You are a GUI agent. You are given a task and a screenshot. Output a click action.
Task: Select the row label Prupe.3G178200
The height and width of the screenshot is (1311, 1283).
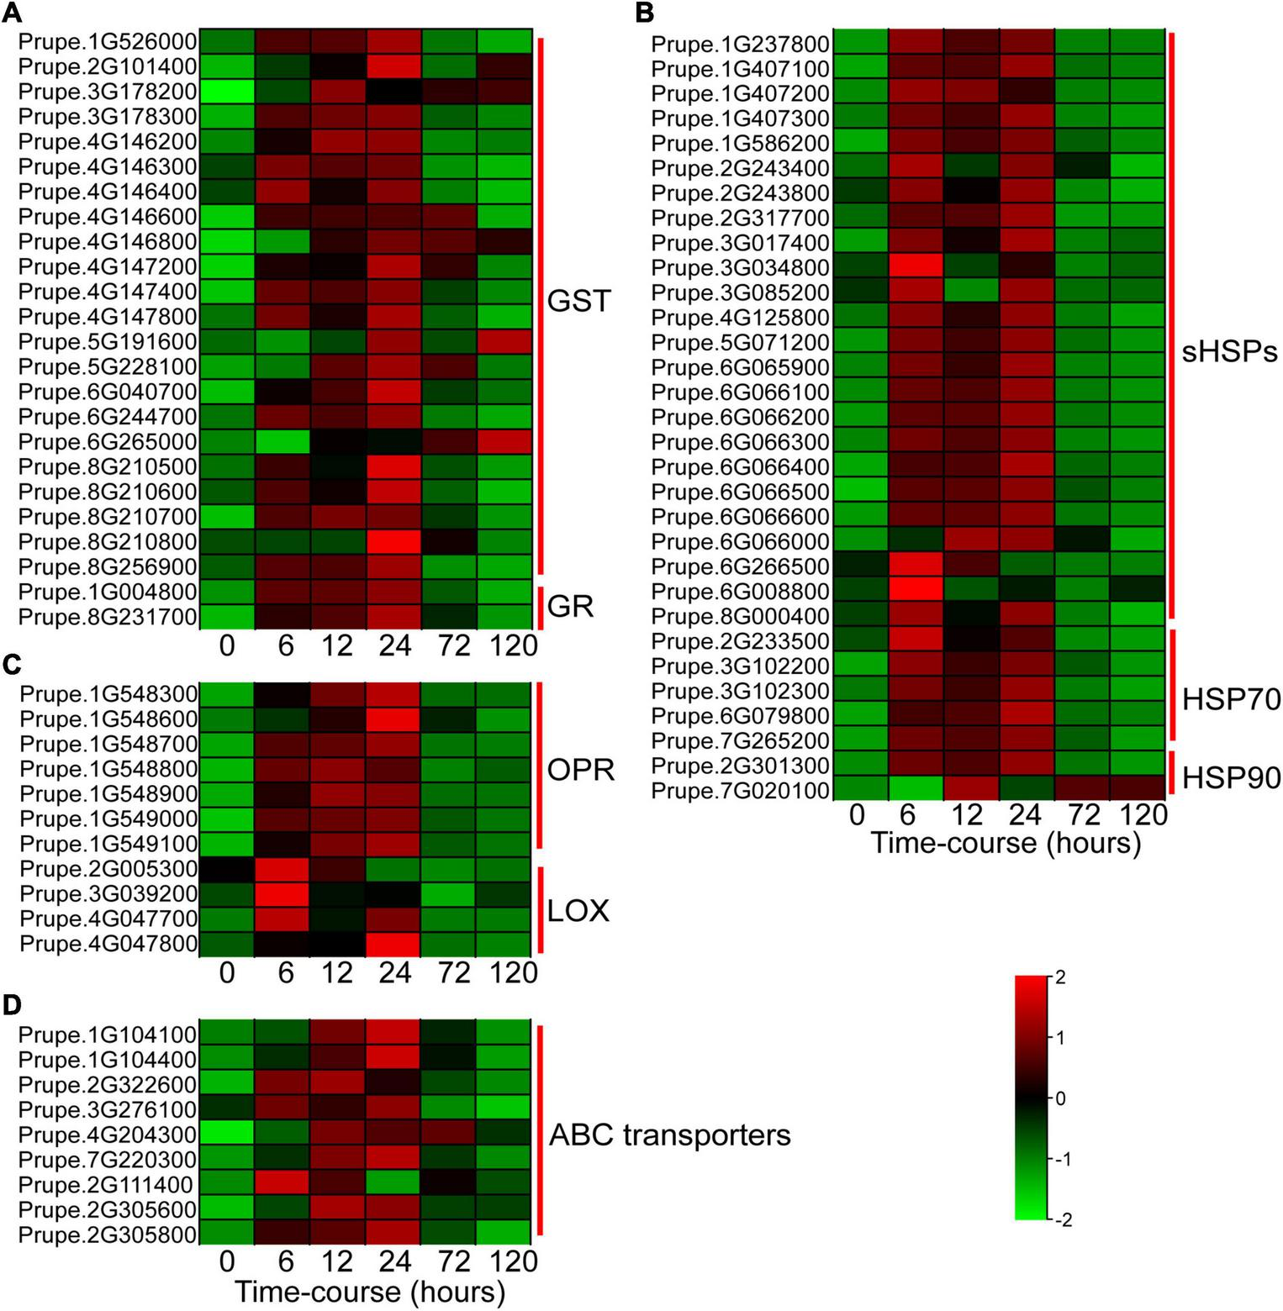108,92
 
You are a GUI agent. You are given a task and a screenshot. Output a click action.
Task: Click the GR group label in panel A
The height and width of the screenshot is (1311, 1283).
570,605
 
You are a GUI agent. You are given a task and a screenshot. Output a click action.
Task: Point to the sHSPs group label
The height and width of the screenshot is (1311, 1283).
1229,351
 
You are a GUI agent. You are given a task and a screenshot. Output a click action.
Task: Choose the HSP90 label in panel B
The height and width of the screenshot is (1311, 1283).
1231,778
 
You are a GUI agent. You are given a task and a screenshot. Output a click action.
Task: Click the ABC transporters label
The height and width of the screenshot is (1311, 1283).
669,1135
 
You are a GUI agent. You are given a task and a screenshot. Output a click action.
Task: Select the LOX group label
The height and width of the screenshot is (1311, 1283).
578,911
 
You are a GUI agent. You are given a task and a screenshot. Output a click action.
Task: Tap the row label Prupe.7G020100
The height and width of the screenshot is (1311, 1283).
741,791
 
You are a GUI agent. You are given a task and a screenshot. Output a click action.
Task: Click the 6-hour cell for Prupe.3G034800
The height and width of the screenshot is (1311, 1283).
916,268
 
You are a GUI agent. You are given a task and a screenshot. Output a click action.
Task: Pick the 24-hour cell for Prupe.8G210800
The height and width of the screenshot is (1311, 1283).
394,541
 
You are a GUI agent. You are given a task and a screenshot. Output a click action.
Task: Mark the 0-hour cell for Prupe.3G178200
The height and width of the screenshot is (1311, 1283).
227,92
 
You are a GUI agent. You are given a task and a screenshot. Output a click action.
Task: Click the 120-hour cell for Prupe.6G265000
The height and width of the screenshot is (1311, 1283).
504,442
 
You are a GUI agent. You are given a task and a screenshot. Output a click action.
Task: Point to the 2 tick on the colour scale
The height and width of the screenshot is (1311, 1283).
1060,977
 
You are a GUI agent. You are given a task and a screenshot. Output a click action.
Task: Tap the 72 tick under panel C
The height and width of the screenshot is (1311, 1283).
453,973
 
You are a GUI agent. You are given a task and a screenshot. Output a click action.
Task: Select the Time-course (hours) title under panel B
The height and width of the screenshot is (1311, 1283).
1006,842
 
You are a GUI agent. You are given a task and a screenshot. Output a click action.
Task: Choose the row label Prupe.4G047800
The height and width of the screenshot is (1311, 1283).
108,944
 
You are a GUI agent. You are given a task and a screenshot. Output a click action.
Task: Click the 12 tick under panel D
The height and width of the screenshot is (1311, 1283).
337,1261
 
